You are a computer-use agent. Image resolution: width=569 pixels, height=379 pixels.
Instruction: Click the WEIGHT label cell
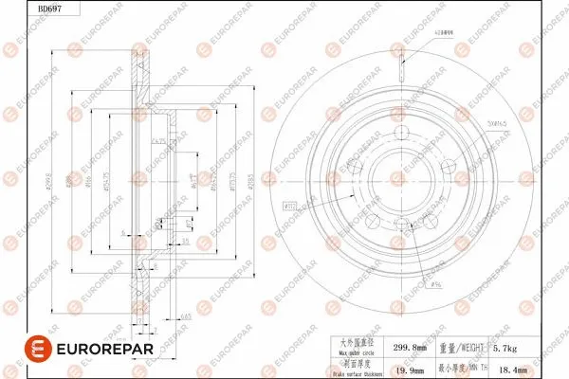(464, 348)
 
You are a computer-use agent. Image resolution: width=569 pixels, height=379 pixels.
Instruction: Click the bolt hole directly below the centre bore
(403, 225)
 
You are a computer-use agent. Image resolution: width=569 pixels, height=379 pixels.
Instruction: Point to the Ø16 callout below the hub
(435, 282)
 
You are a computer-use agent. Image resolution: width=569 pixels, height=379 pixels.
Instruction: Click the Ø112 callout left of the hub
(290, 203)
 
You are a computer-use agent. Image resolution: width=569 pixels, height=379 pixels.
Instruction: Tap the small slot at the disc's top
(403, 63)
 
